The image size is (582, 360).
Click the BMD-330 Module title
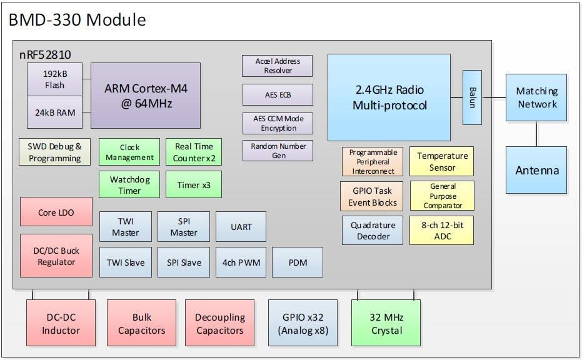click(78, 19)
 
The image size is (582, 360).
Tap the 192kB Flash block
click(54, 79)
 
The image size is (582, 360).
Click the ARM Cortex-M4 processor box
click(146, 96)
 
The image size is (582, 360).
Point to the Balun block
click(472, 97)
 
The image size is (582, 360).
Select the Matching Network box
click(536, 97)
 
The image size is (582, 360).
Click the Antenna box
click(536, 171)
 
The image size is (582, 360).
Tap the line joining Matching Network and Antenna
click(536, 134)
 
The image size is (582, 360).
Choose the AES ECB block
click(277, 95)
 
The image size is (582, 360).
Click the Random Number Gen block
click(278, 151)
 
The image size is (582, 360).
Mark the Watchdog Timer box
click(129, 185)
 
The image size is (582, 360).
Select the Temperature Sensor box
click(442, 162)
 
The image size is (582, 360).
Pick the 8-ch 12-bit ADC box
click(441, 231)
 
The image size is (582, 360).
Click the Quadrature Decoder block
click(373, 231)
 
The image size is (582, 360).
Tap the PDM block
click(298, 262)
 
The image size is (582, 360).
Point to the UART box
click(241, 227)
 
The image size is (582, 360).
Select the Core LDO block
click(56, 212)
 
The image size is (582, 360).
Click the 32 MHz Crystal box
click(386, 323)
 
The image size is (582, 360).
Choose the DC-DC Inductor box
click(61, 323)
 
